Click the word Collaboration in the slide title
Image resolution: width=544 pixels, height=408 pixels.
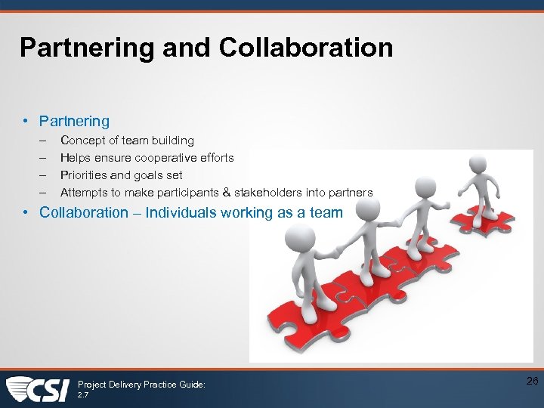pos(306,48)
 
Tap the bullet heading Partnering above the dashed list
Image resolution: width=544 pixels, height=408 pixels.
pos(74,121)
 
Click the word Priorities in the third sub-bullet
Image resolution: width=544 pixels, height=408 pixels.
pos(84,175)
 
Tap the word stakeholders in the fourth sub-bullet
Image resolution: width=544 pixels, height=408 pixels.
pos(268,193)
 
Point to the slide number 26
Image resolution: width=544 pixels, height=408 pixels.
pos(532,382)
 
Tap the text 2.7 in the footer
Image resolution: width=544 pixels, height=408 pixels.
pos(83,394)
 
